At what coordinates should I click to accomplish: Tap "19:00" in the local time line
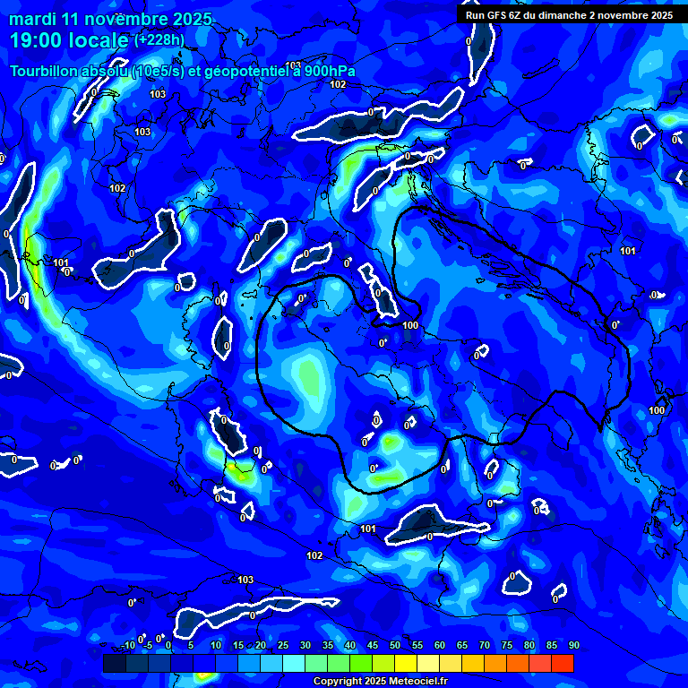coord(35,40)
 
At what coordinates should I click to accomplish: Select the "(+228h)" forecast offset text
coord(160,39)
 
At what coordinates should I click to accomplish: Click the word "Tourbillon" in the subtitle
coord(46,72)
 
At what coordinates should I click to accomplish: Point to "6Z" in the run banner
coord(515,15)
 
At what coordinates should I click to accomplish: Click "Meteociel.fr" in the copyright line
coord(416,681)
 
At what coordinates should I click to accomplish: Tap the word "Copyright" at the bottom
coord(338,681)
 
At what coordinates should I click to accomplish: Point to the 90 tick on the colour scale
coord(573,646)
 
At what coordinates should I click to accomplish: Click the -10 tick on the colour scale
coord(127,646)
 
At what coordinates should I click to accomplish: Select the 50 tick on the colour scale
coord(394,646)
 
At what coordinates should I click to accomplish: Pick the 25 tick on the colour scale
coord(282,646)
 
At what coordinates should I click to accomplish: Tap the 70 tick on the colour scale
coord(484,646)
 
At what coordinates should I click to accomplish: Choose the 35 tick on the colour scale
coord(327,646)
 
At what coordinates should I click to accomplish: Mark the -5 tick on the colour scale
coord(149,646)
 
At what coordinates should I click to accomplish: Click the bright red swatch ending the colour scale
coord(562,663)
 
